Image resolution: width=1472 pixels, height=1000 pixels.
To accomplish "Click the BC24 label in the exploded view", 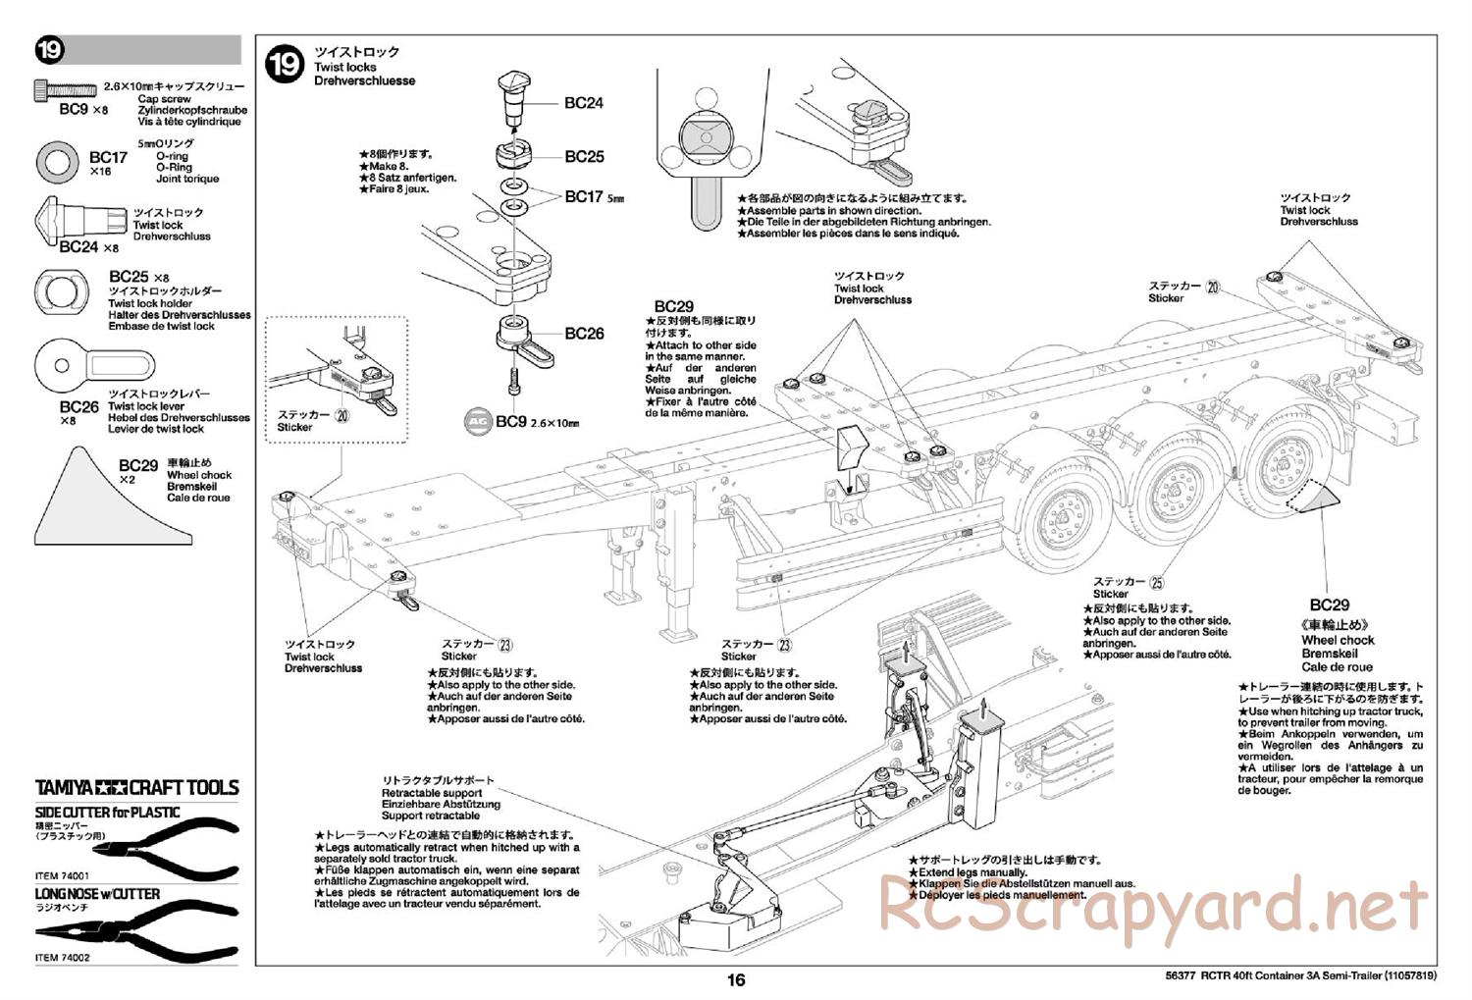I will click(584, 102).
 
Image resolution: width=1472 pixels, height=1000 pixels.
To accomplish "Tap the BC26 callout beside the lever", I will click(584, 334).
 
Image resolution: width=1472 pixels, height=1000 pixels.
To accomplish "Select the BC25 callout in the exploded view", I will click(584, 157).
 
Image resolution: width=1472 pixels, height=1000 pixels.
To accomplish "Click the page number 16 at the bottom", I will click(736, 979).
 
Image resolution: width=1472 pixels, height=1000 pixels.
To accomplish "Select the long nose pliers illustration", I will click(137, 932).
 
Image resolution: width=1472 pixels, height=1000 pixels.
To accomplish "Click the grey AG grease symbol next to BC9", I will click(478, 421).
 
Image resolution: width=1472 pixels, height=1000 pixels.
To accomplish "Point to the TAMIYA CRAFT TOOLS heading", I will click(137, 787).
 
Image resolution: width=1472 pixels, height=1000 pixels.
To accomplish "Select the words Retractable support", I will click(432, 793).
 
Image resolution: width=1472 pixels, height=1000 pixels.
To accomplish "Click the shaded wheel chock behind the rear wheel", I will click(1315, 498).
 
